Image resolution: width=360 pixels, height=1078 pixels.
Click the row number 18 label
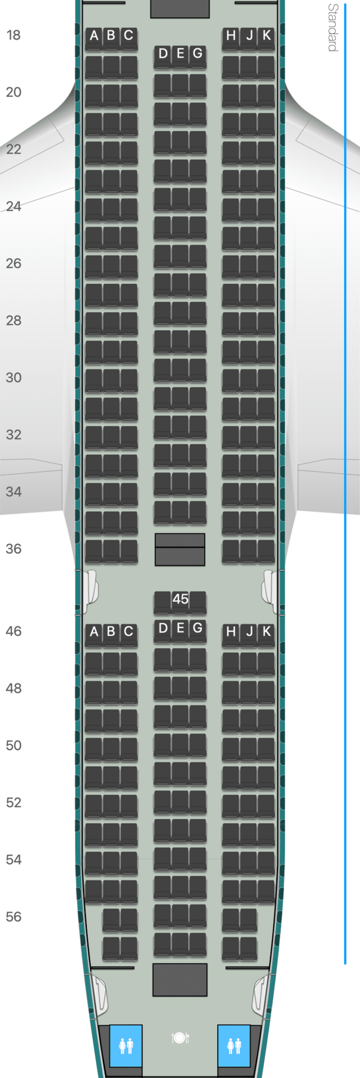coord(13,35)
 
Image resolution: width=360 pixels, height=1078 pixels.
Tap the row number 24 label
coord(13,206)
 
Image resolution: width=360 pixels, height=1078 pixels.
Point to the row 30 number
coord(13,377)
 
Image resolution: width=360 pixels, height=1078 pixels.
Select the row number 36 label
coord(13,548)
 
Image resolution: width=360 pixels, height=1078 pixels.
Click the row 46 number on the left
coord(13,631)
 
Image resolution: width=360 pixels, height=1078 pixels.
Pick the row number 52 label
coord(13,802)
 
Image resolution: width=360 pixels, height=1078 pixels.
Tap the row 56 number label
coord(13,916)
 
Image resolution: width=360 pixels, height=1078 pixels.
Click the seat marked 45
coord(180,599)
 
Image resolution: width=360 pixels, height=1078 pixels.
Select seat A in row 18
coord(94,36)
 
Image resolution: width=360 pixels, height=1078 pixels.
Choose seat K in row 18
coord(266,36)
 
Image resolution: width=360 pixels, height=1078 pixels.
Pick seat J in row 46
coord(249,632)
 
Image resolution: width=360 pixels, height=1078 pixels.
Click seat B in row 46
coord(111,632)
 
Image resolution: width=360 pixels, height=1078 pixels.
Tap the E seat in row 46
coord(180,628)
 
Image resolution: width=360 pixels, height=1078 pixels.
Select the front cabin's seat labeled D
coord(163,54)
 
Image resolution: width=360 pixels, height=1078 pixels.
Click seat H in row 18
coord(231,36)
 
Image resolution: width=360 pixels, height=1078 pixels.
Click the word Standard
coord(333,27)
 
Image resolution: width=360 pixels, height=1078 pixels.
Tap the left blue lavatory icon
coord(126,1045)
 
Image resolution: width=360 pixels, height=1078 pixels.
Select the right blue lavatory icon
coord(234,1045)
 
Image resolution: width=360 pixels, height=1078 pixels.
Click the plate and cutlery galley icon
coord(180,1037)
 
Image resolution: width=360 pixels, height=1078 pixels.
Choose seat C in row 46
coord(128,632)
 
